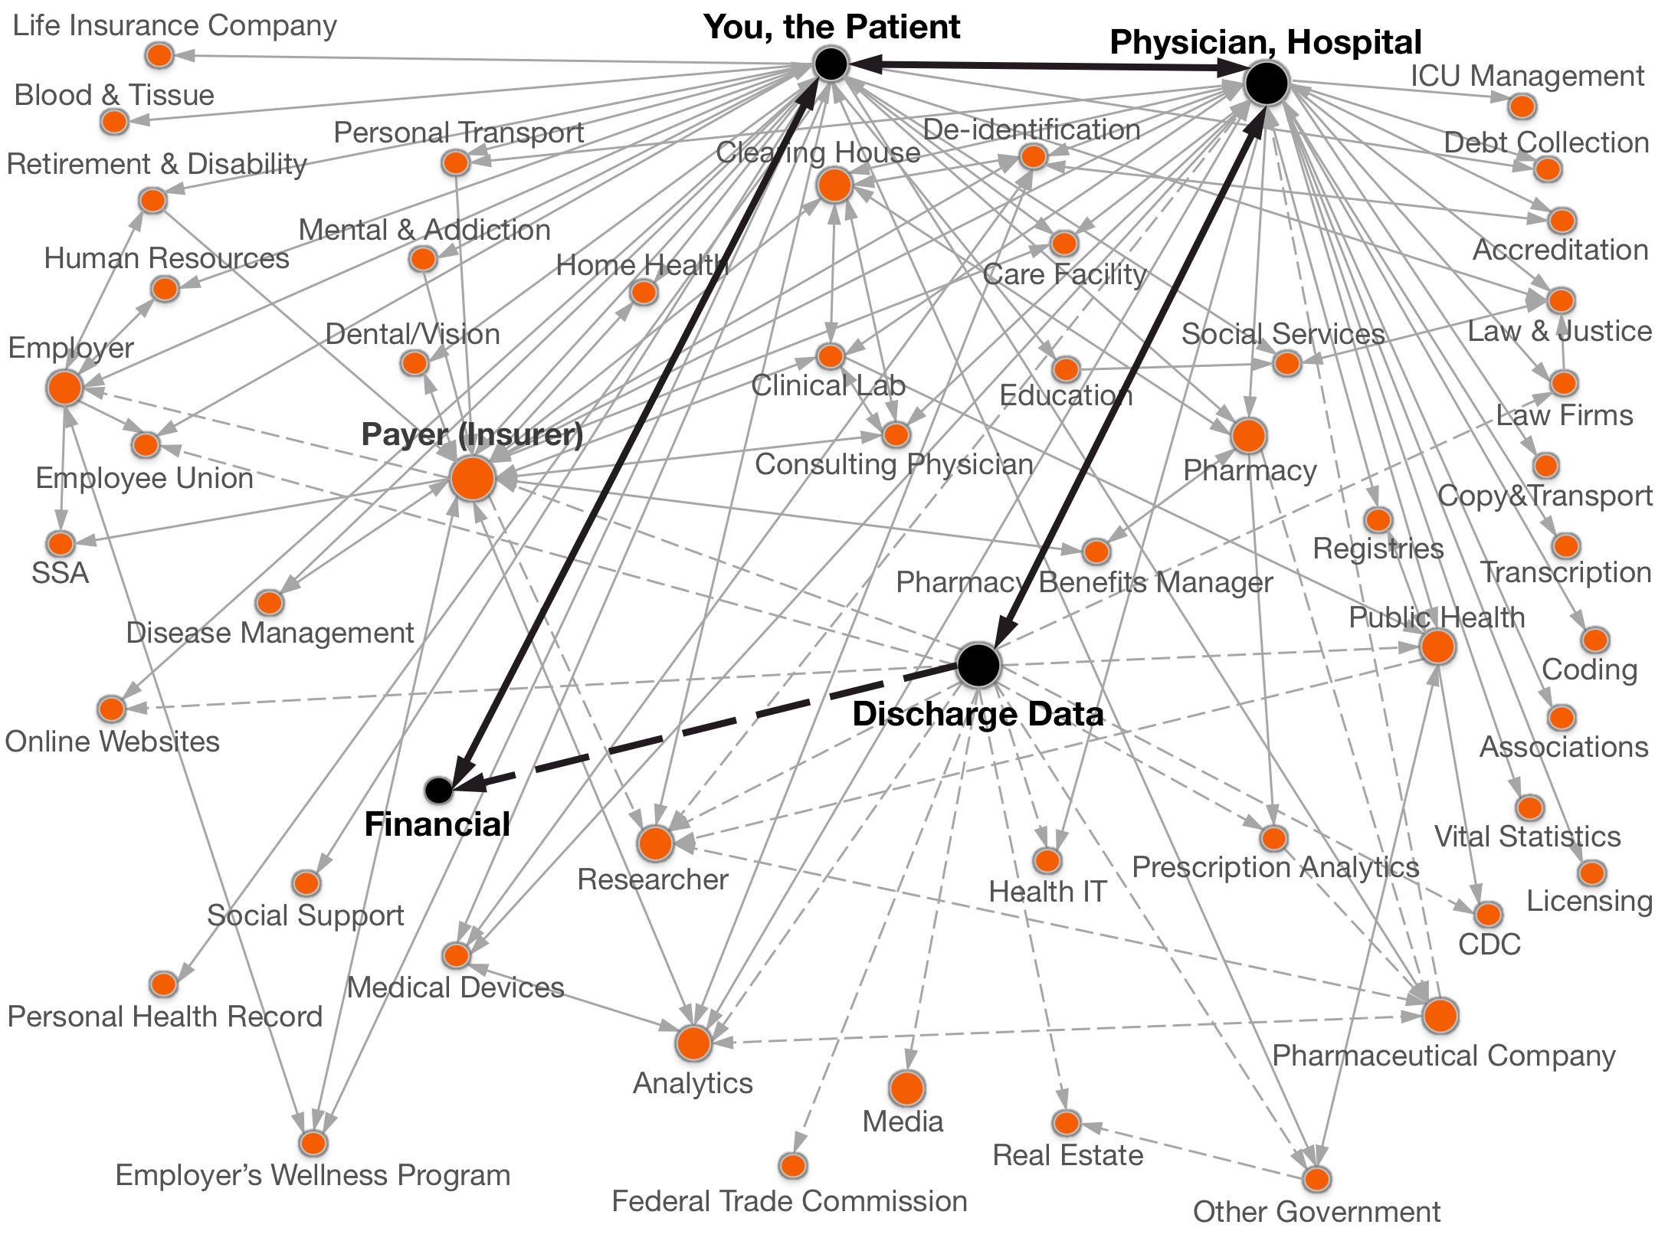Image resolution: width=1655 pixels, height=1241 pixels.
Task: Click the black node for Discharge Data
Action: (978, 664)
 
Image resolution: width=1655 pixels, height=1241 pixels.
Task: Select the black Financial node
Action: (438, 790)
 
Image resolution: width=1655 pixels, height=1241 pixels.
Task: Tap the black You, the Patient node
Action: (831, 63)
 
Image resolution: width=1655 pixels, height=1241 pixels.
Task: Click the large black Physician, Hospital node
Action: (1267, 83)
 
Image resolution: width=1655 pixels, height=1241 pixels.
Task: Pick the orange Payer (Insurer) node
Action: (473, 478)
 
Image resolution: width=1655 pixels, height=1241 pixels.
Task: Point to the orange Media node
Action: (907, 1088)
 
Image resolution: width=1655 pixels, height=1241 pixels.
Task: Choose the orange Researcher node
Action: (655, 843)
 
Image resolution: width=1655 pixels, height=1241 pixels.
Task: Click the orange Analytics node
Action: (693, 1043)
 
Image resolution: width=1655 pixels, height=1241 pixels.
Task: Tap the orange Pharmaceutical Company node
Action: (1440, 1016)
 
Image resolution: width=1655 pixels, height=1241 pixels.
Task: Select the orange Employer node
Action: (65, 388)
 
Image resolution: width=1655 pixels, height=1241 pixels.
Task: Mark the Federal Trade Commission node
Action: (793, 1165)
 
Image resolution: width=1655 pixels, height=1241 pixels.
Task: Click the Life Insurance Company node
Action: (159, 55)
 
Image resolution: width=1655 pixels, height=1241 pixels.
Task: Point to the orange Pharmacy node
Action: (1249, 435)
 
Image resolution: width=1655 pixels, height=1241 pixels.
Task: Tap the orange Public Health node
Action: (1437, 647)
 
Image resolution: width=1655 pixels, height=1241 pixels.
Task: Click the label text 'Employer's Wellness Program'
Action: (313, 1175)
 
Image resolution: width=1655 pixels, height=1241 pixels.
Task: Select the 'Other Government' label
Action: (1316, 1212)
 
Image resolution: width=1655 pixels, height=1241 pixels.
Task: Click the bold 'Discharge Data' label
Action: (978, 714)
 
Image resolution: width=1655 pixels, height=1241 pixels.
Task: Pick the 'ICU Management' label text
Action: (1527, 76)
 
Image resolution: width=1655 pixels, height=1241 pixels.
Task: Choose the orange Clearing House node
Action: (834, 185)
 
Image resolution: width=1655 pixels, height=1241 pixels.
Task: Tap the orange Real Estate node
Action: (1067, 1123)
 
